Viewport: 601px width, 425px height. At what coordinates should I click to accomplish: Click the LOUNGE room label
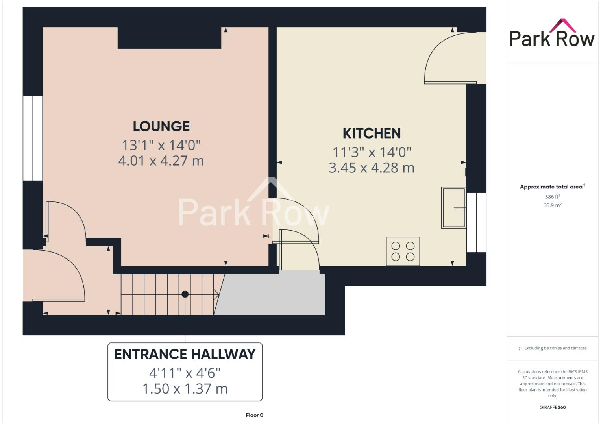[x=161, y=126]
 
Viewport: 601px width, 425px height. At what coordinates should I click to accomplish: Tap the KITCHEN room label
[x=372, y=133]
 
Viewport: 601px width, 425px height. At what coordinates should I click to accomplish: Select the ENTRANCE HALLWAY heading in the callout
[x=185, y=354]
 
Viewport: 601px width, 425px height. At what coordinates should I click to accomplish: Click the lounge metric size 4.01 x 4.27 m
[x=161, y=161]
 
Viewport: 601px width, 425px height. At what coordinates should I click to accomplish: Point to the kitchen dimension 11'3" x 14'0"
[x=372, y=152]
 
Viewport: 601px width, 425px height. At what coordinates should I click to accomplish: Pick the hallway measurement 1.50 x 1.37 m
[x=185, y=389]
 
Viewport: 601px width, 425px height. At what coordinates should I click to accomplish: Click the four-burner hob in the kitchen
[x=403, y=251]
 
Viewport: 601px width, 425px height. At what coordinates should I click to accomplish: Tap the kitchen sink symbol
[x=453, y=207]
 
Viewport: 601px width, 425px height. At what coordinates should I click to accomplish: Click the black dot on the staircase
[x=185, y=294]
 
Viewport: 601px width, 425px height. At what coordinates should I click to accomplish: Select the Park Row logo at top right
[x=552, y=34]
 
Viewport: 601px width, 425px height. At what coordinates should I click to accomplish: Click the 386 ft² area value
[x=552, y=197]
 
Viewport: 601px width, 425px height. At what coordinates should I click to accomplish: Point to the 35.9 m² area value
[x=552, y=205]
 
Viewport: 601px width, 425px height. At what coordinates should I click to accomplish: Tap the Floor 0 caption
[x=254, y=415]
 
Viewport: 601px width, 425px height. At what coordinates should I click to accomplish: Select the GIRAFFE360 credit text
[x=552, y=407]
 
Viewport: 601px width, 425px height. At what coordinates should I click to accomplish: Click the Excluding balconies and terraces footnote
[x=552, y=348]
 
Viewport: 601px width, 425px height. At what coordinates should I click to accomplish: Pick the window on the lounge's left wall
[x=33, y=138]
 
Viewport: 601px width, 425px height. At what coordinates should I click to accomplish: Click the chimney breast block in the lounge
[x=169, y=38]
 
